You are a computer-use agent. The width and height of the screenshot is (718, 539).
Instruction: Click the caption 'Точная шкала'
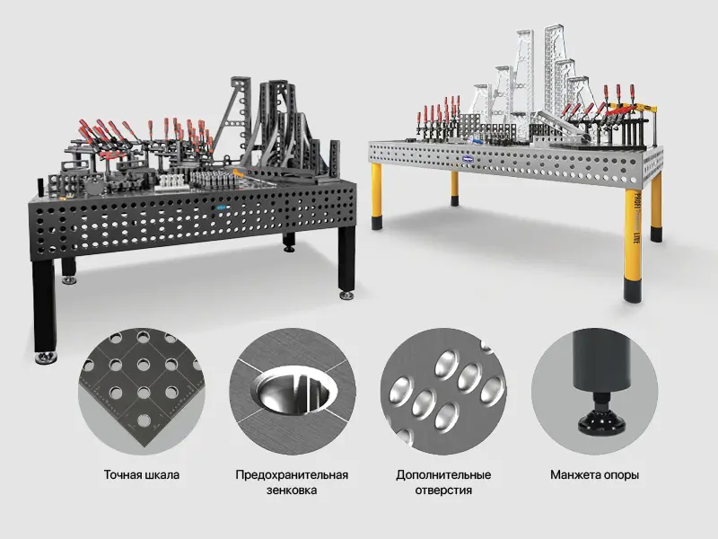142,475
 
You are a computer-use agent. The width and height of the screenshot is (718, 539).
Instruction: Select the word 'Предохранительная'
292,475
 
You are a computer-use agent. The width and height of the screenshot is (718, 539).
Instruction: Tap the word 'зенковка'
292,490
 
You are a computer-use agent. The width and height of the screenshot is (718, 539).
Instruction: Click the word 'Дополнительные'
443,475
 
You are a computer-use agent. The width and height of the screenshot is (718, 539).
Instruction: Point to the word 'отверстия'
443,490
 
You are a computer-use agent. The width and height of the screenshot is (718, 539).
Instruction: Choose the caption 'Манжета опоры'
594,475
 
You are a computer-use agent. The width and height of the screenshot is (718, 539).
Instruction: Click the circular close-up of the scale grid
142,391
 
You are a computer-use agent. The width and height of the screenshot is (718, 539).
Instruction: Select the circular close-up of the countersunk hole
293,391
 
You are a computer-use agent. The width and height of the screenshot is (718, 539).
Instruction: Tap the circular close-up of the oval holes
443,391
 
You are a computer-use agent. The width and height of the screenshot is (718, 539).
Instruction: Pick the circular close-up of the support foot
594,391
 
